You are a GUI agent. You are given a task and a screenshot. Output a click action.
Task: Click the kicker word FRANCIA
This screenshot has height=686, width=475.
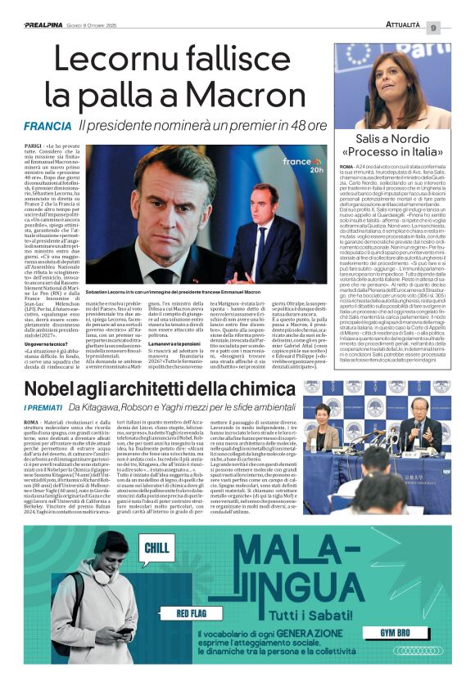pos(47,128)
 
